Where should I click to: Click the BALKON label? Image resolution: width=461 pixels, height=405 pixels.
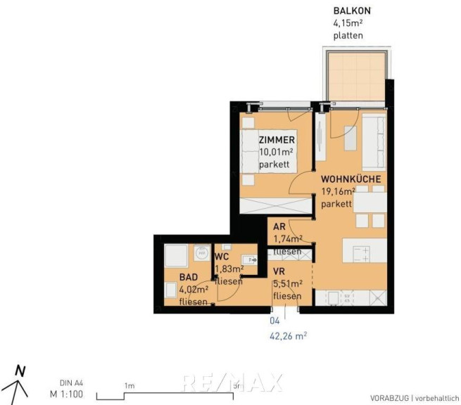click(x=352, y=11)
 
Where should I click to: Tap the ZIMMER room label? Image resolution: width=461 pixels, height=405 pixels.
click(x=277, y=140)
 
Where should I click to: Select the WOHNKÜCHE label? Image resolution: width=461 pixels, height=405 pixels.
click(x=351, y=179)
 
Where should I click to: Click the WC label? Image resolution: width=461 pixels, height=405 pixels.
click(x=222, y=257)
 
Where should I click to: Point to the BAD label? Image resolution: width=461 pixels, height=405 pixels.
click(x=189, y=277)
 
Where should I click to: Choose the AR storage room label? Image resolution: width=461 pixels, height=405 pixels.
click(x=279, y=226)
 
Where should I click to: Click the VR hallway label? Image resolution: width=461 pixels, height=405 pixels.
click(x=279, y=271)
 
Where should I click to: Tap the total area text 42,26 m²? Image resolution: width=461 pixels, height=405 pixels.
click(x=288, y=335)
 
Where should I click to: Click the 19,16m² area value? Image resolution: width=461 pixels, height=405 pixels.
click(x=338, y=191)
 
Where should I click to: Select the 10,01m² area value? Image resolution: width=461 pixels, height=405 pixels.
click(x=276, y=152)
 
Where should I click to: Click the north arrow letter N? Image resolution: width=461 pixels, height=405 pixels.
click(x=20, y=371)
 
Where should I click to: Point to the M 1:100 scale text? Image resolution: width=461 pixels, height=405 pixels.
click(x=66, y=394)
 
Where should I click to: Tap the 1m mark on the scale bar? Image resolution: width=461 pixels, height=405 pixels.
click(x=130, y=385)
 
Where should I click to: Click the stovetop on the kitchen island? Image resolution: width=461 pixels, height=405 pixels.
click(x=361, y=255)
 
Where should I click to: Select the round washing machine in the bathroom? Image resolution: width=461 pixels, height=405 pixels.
click(x=202, y=252)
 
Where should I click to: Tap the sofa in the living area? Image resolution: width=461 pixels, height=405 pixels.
click(x=374, y=142)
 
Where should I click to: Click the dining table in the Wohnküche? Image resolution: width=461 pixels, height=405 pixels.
click(x=370, y=202)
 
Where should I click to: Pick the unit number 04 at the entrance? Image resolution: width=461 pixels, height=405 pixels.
click(x=274, y=321)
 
